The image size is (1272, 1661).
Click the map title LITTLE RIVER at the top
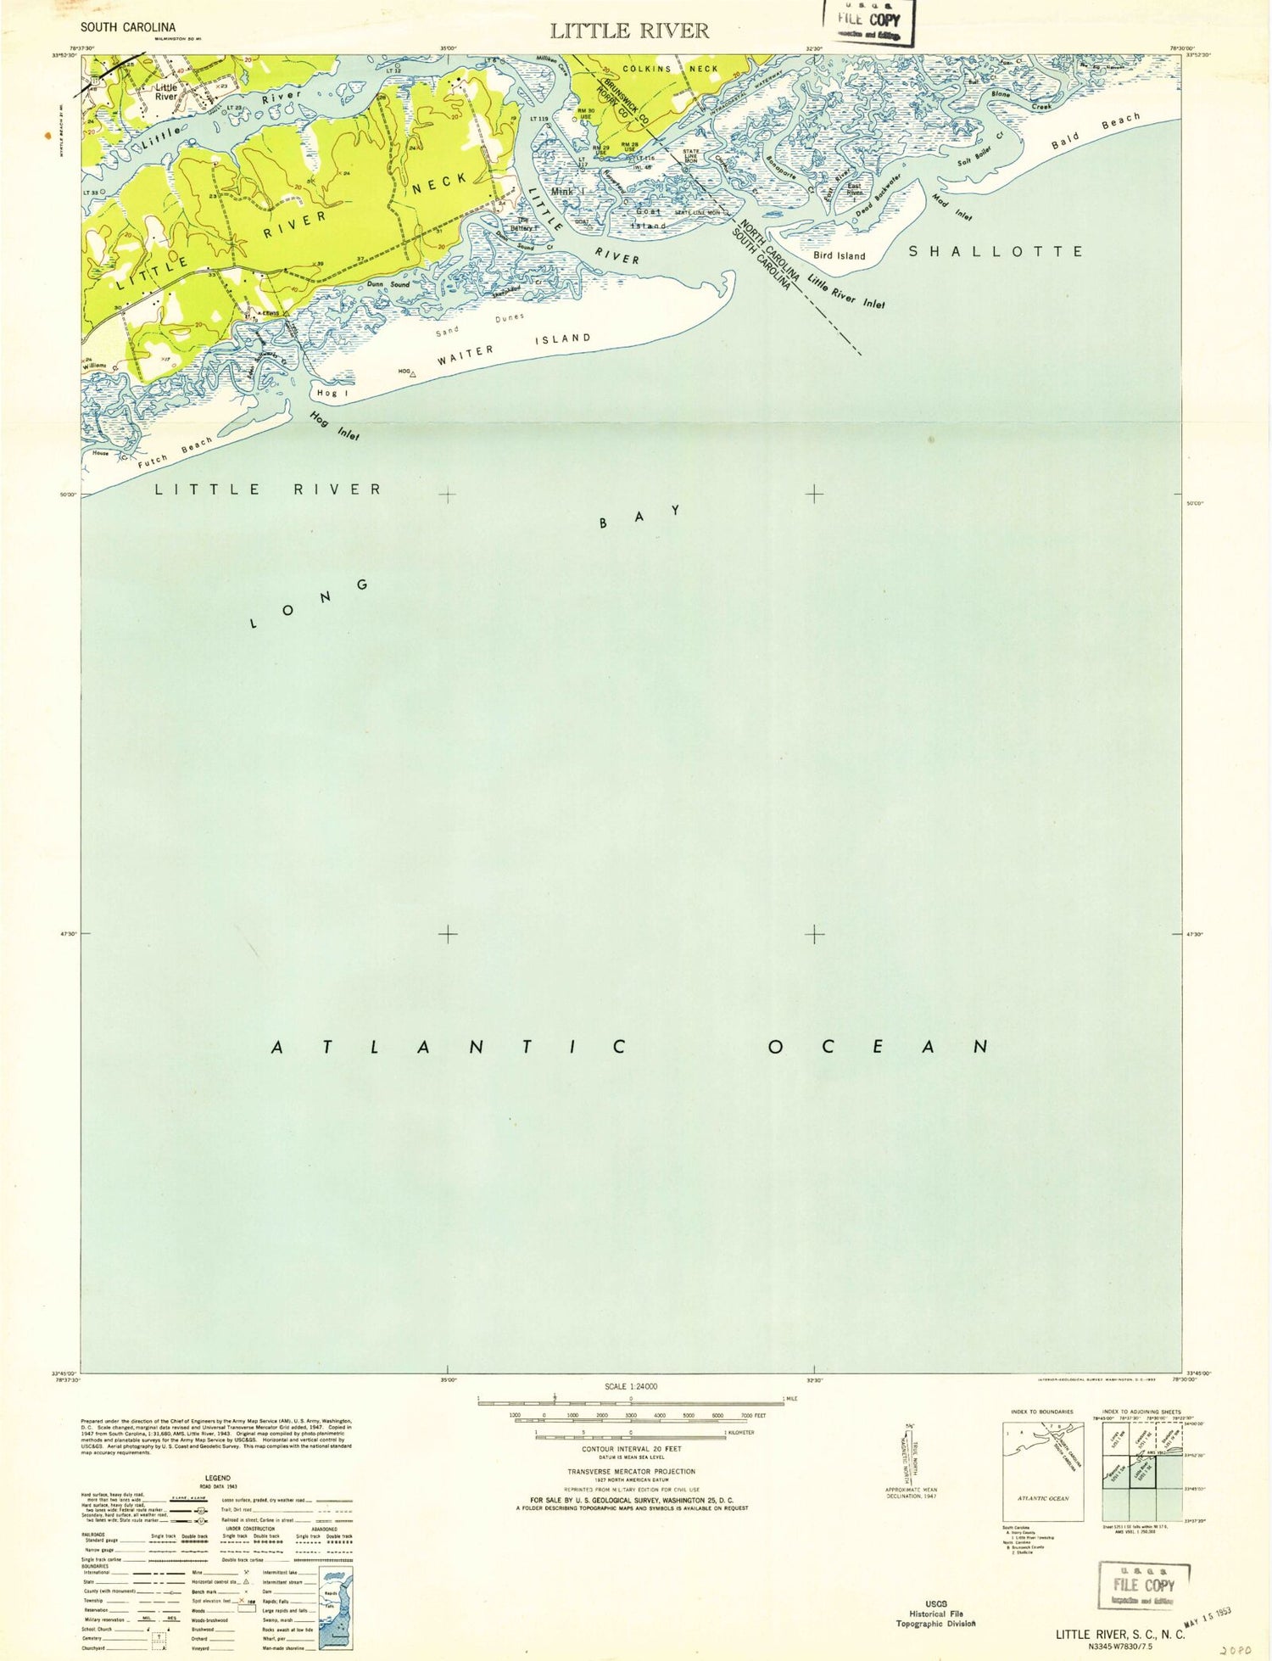point(628,31)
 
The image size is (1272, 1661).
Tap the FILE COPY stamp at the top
point(868,21)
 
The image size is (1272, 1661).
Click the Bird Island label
point(840,255)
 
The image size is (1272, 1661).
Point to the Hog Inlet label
point(334,426)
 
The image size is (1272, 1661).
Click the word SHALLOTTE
point(996,251)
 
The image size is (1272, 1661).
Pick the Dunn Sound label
point(388,284)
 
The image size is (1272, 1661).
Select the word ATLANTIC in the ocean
point(449,1047)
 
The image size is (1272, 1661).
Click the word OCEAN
point(878,1047)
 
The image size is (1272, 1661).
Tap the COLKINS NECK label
point(670,69)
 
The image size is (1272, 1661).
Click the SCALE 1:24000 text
point(630,1386)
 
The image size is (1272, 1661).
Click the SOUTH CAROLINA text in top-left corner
point(128,27)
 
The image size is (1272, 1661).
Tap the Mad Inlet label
point(951,207)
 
